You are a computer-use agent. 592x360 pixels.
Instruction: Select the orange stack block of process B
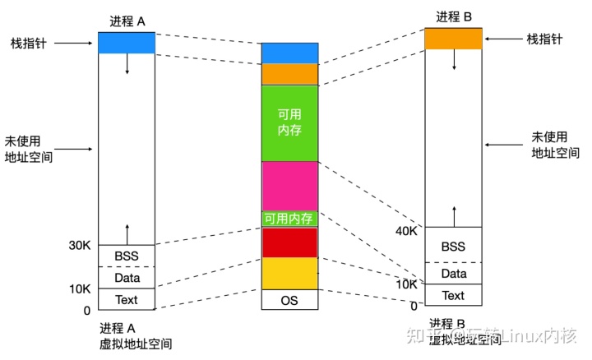(x=452, y=38)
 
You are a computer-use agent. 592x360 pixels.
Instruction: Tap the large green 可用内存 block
(x=289, y=123)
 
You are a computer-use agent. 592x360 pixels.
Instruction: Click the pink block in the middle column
(x=289, y=186)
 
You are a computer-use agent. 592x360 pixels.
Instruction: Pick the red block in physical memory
(x=289, y=242)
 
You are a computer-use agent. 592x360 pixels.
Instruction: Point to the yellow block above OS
(x=289, y=273)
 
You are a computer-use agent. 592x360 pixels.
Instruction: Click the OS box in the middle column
(x=289, y=299)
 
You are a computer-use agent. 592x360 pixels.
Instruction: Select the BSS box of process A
(x=126, y=256)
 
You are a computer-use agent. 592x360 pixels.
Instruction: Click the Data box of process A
(x=126, y=278)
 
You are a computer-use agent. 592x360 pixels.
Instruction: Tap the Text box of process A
(x=126, y=299)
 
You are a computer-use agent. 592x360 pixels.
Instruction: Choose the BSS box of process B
(x=452, y=246)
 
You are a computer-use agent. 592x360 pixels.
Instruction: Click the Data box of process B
(x=452, y=273)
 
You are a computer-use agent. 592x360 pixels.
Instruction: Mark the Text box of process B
(x=452, y=295)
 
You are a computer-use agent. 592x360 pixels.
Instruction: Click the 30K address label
(x=80, y=245)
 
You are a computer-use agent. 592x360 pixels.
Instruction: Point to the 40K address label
(x=407, y=231)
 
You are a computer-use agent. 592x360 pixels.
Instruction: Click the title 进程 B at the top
(x=453, y=16)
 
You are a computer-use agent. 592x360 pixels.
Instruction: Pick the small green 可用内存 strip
(x=289, y=219)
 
